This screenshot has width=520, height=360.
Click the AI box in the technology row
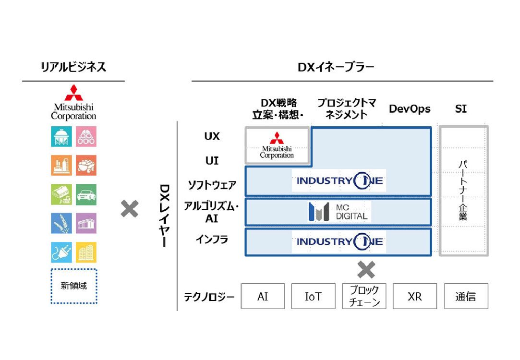coord(263,296)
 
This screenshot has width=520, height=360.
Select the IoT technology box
coord(313,296)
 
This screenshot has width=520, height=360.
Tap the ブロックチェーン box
coord(364,296)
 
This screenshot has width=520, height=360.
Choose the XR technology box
coord(415,296)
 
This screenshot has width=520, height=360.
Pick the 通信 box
coord(466,296)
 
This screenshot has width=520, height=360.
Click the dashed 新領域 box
coord(74,286)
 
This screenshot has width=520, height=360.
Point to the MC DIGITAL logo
coord(339,212)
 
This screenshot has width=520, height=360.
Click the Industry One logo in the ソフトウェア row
coord(339,181)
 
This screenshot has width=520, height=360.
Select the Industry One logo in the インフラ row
coord(339,241)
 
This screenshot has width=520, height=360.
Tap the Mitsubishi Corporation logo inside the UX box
coord(277,145)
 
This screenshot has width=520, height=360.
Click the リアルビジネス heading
coord(73,67)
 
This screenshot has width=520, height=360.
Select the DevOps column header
coord(409,109)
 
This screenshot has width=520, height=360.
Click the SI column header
coord(460,109)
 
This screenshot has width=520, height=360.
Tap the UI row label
coord(212,161)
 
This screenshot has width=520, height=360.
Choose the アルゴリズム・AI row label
coord(212,212)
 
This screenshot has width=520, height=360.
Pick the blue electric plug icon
coord(61,252)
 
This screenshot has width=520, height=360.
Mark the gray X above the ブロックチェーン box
coord(366,270)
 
